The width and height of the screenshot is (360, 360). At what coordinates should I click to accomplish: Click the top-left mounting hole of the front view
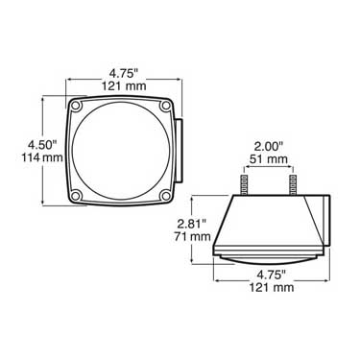pyautogui.click(x=76, y=106)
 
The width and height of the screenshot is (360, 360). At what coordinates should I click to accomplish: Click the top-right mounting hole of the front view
pyautogui.click(x=165, y=106)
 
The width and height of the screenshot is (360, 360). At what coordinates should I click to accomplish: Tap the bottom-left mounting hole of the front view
pyautogui.click(x=76, y=195)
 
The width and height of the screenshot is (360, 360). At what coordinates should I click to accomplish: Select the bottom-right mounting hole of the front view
pyautogui.click(x=165, y=195)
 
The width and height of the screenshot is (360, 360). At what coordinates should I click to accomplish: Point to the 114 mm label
pyautogui.click(x=42, y=157)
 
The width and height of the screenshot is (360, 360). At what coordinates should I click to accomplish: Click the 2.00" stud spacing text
pyautogui.click(x=269, y=147)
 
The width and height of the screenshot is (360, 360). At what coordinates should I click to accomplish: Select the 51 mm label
pyautogui.click(x=269, y=159)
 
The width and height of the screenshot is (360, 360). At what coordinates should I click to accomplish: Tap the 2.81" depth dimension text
pyautogui.click(x=192, y=224)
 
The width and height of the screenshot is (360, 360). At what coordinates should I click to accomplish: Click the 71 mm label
pyautogui.click(x=192, y=236)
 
